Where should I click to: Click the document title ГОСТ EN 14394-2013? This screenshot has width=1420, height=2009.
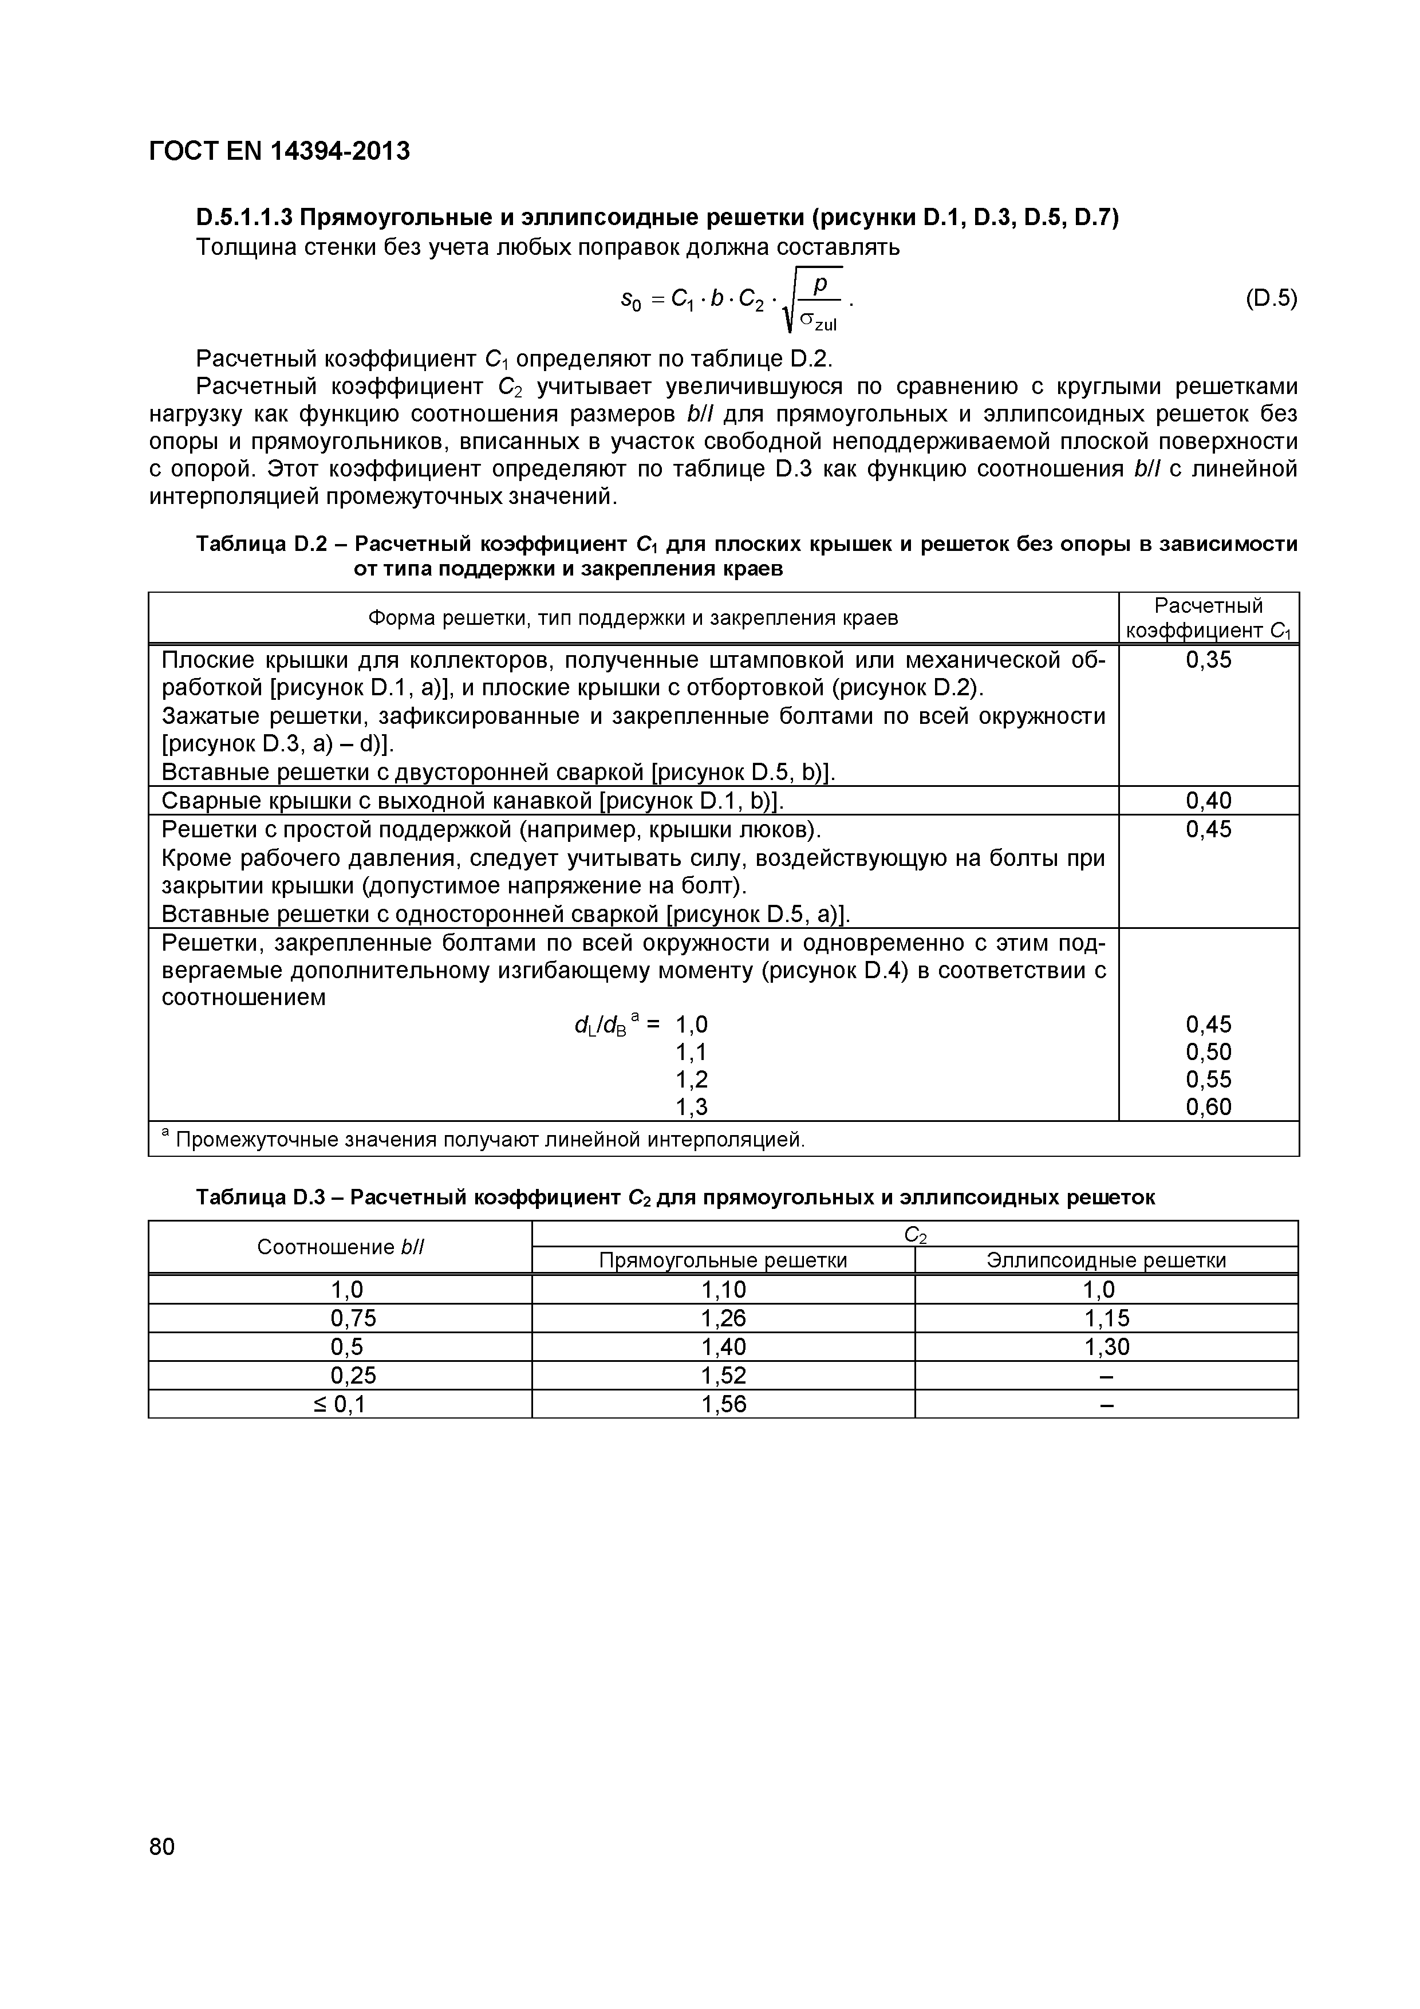(x=279, y=151)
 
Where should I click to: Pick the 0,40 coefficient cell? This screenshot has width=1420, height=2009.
(x=1208, y=801)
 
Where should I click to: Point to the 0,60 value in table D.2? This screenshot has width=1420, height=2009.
(x=1208, y=1107)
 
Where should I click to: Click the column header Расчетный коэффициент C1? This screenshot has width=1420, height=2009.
(x=1208, y=618)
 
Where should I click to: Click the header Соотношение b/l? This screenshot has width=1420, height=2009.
(x=340, y=1247)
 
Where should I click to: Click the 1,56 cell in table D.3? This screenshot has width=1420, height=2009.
(x=724, y=1404)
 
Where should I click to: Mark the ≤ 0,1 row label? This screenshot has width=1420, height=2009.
(x=340, y=1404)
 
